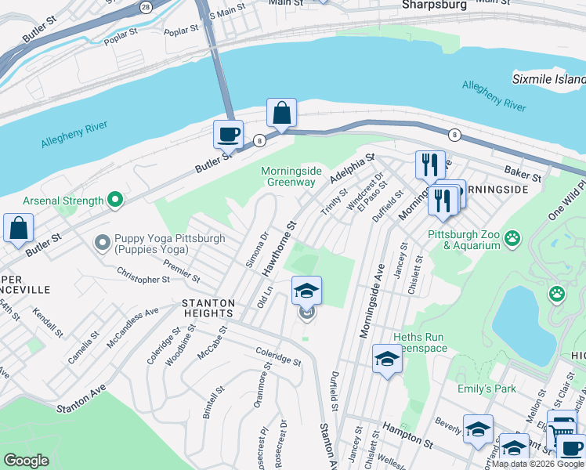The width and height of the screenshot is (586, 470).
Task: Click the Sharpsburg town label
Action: (434, 5)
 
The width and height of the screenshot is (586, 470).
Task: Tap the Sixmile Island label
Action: (548, 79)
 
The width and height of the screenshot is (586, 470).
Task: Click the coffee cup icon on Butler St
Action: (228, 134)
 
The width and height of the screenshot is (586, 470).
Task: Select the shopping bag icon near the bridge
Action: (281, 113)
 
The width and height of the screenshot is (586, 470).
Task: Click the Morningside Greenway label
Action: (288, 176)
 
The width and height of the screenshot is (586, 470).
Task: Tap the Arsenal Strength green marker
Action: (116, 201)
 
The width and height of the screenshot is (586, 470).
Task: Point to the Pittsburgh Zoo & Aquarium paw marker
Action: (513, 237)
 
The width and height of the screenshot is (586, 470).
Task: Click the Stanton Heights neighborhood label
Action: (208, 308)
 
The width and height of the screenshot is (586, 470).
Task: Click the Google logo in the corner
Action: (25, 461)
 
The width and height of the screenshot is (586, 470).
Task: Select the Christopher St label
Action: (143, 278)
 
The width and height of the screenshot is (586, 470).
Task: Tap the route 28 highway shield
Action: (146, 5)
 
